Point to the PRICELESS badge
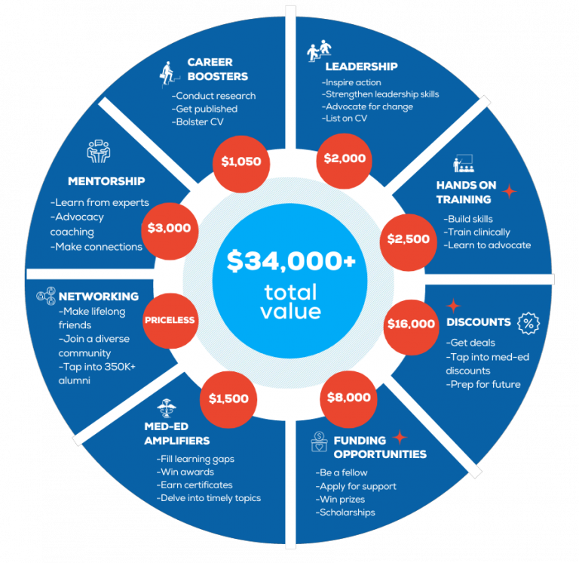[x=170, y=321]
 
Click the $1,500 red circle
[x=228, y=399]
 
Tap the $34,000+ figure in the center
[x=291, y=260]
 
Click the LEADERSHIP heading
[x=362, y=66]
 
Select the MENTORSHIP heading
[x=106, y=181]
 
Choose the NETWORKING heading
[x=99, y=297]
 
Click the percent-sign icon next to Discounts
[x=528, y=324]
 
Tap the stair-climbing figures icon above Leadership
[x=319, y=51]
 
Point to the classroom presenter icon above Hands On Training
[x=464, y=163]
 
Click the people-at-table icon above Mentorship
[x=99, y=152]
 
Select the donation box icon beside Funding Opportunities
[x=319, y=441]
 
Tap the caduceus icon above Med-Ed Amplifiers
[x=166, y=408]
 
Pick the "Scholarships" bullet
[x=345, y=512]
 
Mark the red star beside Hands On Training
[x=510, y=192]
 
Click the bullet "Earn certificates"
[x=195, y=485]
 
